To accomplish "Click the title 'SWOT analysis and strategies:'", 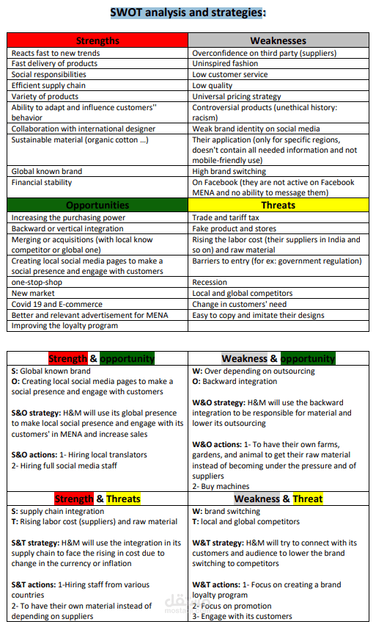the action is point(188,12).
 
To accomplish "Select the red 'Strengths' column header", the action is point(97,40).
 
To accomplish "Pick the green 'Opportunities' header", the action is point(97,205).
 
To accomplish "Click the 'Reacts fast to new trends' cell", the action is point(56,53).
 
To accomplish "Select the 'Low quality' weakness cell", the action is point(213,85).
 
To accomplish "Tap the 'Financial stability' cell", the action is point(42,182).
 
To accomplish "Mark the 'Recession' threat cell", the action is point(210,282).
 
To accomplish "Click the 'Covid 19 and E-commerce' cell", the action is point(57,304).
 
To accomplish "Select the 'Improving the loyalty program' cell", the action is point(64,325).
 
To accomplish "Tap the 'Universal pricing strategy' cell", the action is point(237,96).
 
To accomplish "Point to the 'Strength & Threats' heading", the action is point(97,499).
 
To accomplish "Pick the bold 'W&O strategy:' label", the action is point(218,402).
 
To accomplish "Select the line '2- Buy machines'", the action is point(221,486).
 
